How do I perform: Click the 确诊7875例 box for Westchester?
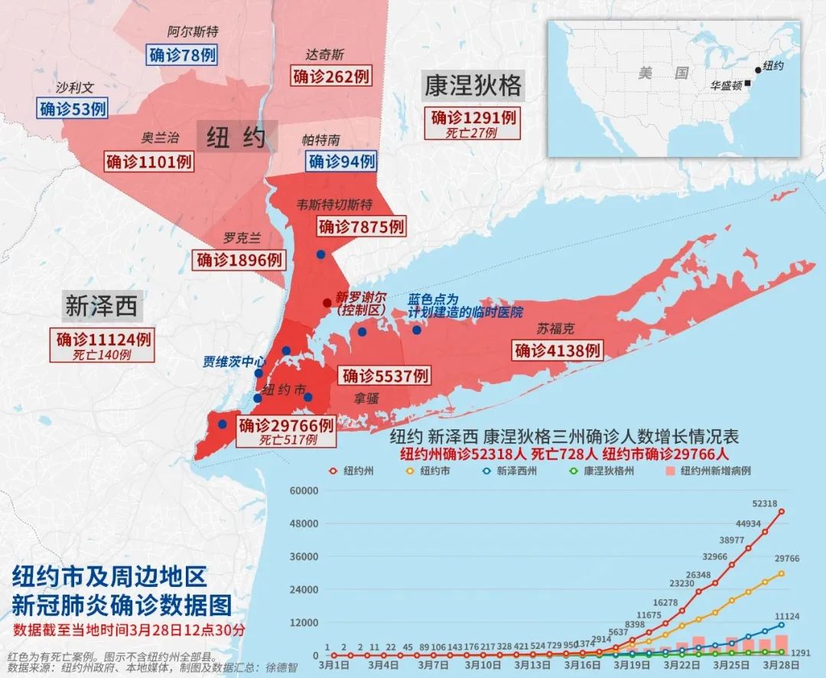click(361, 227)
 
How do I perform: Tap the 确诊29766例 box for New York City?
click(286, 425)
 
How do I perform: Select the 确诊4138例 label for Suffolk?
click(558, 351)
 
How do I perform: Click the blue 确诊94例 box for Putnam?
click(342, 161)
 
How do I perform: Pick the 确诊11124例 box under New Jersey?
click(103, 339)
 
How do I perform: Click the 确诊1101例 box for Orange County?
click(149, 161)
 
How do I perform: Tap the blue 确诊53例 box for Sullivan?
click(73, 109)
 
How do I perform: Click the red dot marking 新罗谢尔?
click(327, 303)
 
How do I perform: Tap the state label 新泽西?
click(101, 307)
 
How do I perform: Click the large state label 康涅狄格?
click(472, 86)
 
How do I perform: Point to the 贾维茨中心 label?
click(235, 361)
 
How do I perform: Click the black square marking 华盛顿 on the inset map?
click(747, 83)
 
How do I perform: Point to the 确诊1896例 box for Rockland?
click(239, 260)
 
